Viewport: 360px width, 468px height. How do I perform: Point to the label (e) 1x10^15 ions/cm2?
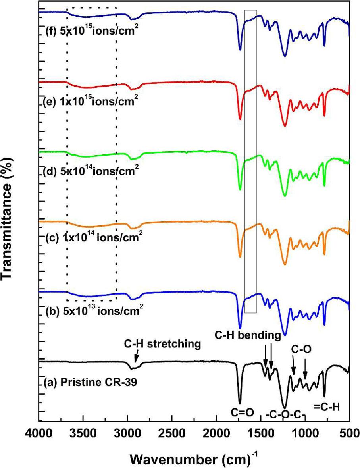90,100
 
